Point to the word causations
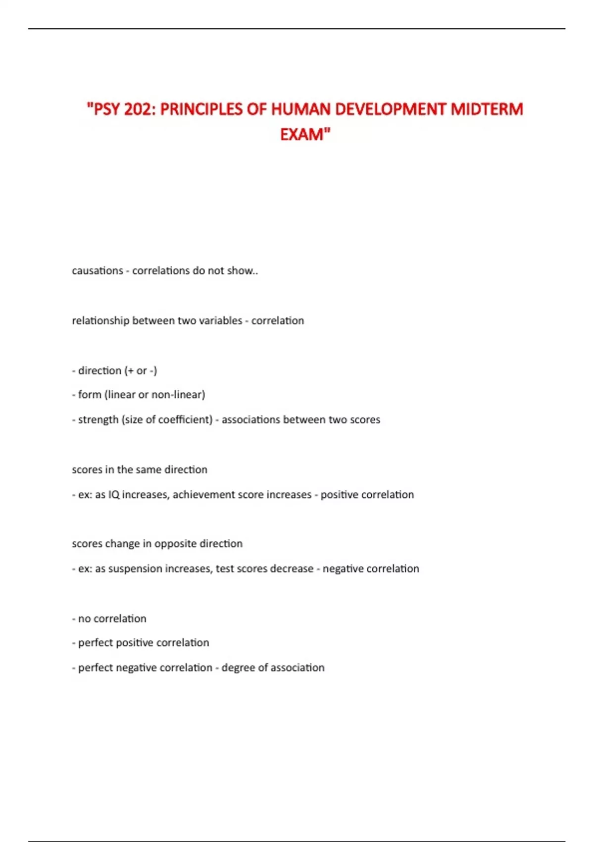click(98, 271)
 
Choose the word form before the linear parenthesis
click(90, 395)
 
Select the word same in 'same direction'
click(147, 470)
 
